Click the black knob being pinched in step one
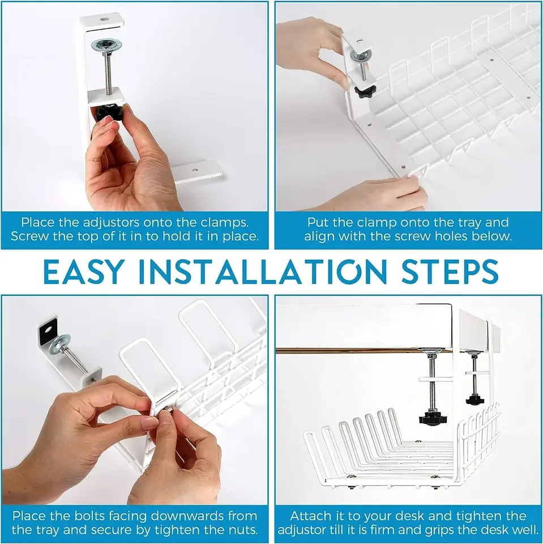[x=107, y=113]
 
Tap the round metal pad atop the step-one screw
[x=107, y=45]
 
